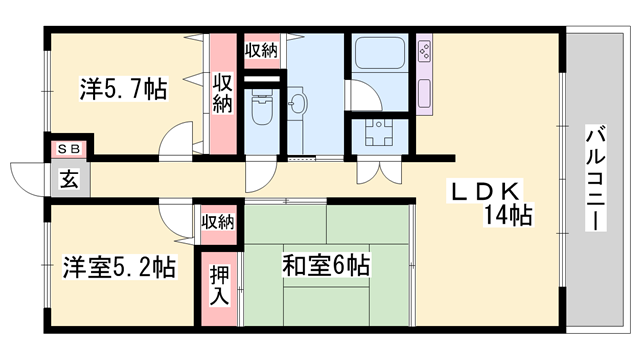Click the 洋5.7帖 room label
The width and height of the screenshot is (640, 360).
tap(123, 89)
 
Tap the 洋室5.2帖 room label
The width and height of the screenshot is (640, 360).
tap(119, 267)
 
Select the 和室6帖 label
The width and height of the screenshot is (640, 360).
tap(326, 265)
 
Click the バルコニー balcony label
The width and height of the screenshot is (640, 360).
tap(596, 178)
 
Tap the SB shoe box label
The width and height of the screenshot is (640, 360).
tap(69, 149)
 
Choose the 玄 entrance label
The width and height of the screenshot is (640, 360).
tap(69, 179)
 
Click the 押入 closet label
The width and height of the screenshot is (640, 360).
tap(220, 285)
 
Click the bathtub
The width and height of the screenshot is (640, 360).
tap(380, 53)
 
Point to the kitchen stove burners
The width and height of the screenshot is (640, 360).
tap(424, 51)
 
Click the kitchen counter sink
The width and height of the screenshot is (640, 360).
tap(424, 94)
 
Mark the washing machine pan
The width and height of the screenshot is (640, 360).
tap(380, 133)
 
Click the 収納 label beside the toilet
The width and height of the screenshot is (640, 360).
tap(261, 51)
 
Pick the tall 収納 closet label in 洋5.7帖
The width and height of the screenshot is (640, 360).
tap(222, 93)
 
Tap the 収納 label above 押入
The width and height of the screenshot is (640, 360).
tap(218, 222)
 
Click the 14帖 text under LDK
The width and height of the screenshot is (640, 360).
tap(508, 215)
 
